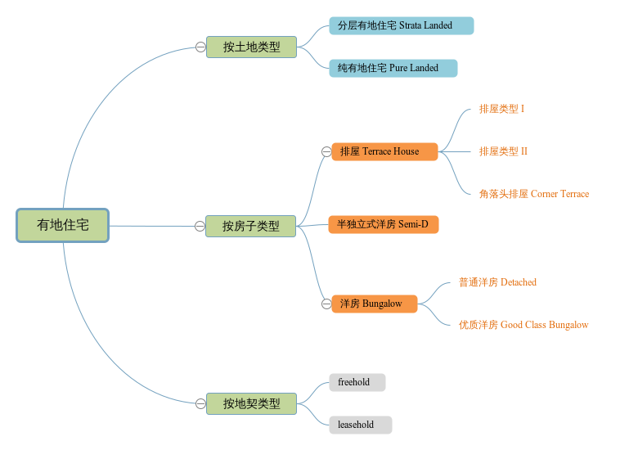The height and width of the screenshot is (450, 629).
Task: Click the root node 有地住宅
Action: coord(63,225)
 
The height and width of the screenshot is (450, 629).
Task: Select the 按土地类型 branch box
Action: coord(251,47)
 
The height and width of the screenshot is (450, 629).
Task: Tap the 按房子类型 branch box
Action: coord(251,226)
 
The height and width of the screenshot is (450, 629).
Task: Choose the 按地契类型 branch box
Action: coord(251,403)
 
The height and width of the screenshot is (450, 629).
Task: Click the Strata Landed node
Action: coord(401,25)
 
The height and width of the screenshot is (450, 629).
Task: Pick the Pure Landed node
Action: coord(393,68)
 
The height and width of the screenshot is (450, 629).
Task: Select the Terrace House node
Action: coord(384,151)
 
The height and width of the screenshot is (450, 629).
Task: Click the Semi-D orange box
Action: coord(383,224)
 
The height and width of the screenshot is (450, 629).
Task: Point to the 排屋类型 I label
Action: coord(501,109)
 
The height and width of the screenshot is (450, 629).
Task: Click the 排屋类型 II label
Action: coord(503,151)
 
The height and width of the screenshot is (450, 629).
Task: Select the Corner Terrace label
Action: coord(533,194)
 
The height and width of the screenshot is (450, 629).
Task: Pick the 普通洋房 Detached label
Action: coord(497,282)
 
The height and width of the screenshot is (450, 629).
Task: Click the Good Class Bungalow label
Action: coord(523,325)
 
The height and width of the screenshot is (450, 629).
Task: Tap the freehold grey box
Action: coord(357,382)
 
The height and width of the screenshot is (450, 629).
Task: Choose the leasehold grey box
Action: coord(360,425)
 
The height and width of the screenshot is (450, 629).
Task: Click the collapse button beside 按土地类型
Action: coord(200,47)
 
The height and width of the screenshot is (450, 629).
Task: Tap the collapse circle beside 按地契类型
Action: coord(200,403)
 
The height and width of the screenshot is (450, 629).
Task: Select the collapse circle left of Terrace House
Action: coord(326,151)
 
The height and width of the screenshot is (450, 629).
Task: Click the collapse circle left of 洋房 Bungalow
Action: coord(326,304)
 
